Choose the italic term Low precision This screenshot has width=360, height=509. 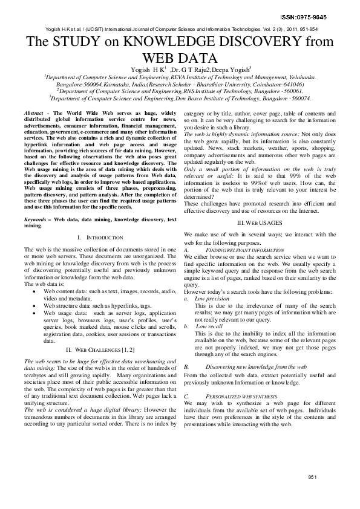[x=212, y=299]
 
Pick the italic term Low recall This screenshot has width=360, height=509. [x=209, y=326]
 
